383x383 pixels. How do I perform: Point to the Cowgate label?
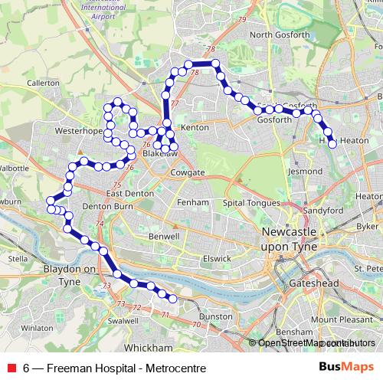[188, 173]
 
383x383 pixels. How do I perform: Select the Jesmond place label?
[305, 172]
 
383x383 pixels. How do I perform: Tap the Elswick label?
[217, 259]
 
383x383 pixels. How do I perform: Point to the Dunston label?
[215, 316]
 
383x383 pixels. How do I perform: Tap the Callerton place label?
[43, 82]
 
